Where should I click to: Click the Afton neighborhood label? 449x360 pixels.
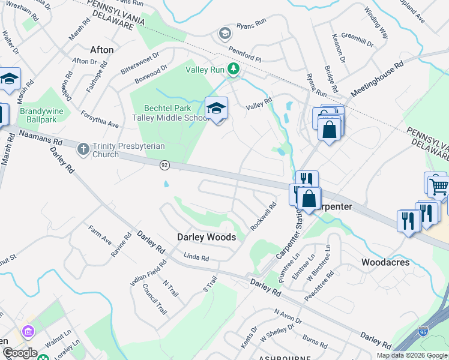click(x=101, y=50)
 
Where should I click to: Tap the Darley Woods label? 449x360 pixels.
click(x=206, y=237)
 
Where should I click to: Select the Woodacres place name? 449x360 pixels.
click(x=385, y=262)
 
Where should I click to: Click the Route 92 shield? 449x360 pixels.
click(x=164, y=164)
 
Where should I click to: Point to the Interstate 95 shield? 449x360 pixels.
click(x=423, y=331)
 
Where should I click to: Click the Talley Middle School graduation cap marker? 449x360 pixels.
click(x=216, y=109)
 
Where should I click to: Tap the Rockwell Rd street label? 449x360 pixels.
click(x=264, y=215)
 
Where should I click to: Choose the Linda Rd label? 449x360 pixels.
click(x=196, y=257)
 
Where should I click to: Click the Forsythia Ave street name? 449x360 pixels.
click(x=101, y=116)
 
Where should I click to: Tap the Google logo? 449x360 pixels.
click(x=19, y=353)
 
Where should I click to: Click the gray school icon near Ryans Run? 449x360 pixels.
click(x=225, y=32)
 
